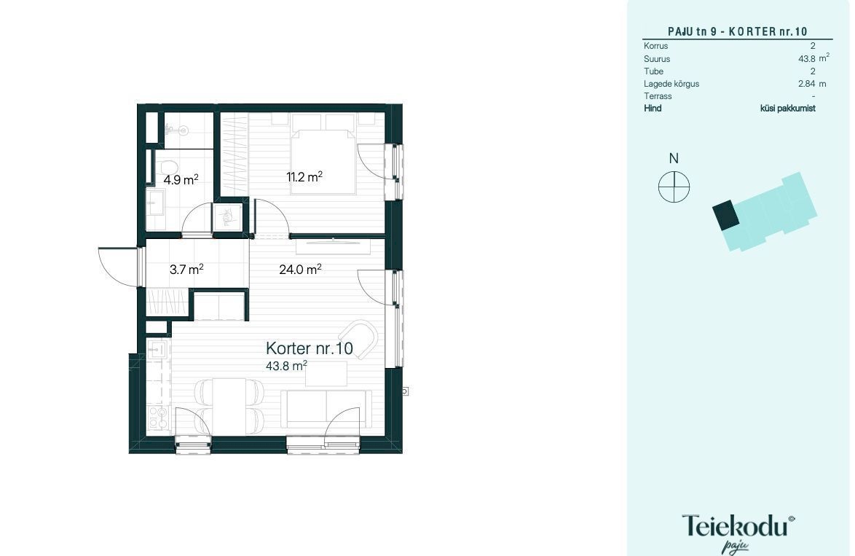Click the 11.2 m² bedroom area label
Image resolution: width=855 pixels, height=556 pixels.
pos(304,177)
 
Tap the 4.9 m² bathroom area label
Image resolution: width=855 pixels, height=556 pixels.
pos(181,179)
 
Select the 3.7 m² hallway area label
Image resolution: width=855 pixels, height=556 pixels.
pos(186,269)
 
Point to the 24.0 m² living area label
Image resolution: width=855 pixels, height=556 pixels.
pos(300,269)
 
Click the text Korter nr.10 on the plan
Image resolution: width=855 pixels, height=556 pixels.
pos(310,348)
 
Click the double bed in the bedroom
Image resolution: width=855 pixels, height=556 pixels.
pos(323,161)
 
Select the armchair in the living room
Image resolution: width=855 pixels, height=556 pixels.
pos(358,338)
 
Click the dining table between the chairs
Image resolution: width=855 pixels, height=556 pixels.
pos(229,407)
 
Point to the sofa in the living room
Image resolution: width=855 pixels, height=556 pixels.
pos(326,410)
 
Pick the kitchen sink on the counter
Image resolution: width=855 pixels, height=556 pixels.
pos(157,349)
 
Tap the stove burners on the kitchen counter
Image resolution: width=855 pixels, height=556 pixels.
pos(157,418)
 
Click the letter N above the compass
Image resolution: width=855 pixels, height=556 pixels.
pos(674,158)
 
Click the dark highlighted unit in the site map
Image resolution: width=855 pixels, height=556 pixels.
pos(726,215)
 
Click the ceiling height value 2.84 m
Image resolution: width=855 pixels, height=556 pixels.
pos(812,84)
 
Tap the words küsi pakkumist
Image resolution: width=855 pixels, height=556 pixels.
pos(788,108)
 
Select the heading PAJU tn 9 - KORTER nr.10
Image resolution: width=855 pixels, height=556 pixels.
pos(737,31)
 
